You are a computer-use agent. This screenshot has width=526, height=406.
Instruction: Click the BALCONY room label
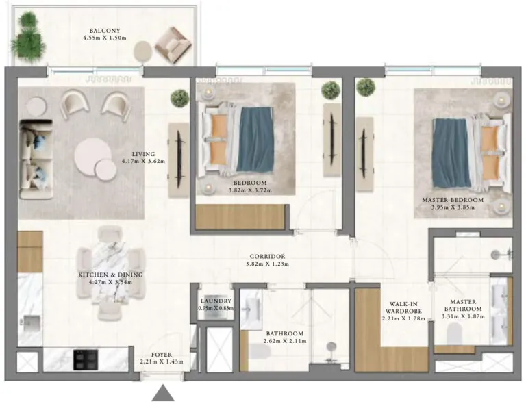[105, 31]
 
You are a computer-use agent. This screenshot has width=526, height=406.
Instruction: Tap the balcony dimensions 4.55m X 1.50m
[105, 39]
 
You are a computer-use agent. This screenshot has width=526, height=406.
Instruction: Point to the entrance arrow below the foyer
[163, 393]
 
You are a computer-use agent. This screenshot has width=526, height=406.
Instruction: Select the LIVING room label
[144, 154]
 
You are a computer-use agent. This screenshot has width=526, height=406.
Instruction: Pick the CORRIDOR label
[268, 257]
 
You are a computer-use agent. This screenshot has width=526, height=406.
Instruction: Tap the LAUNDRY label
[216, 301]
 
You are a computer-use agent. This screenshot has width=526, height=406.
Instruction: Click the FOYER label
[162, 354]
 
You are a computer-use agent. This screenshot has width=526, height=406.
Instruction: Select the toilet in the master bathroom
[453, 335]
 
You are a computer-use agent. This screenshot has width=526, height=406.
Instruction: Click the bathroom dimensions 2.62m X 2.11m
[286, 338]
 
